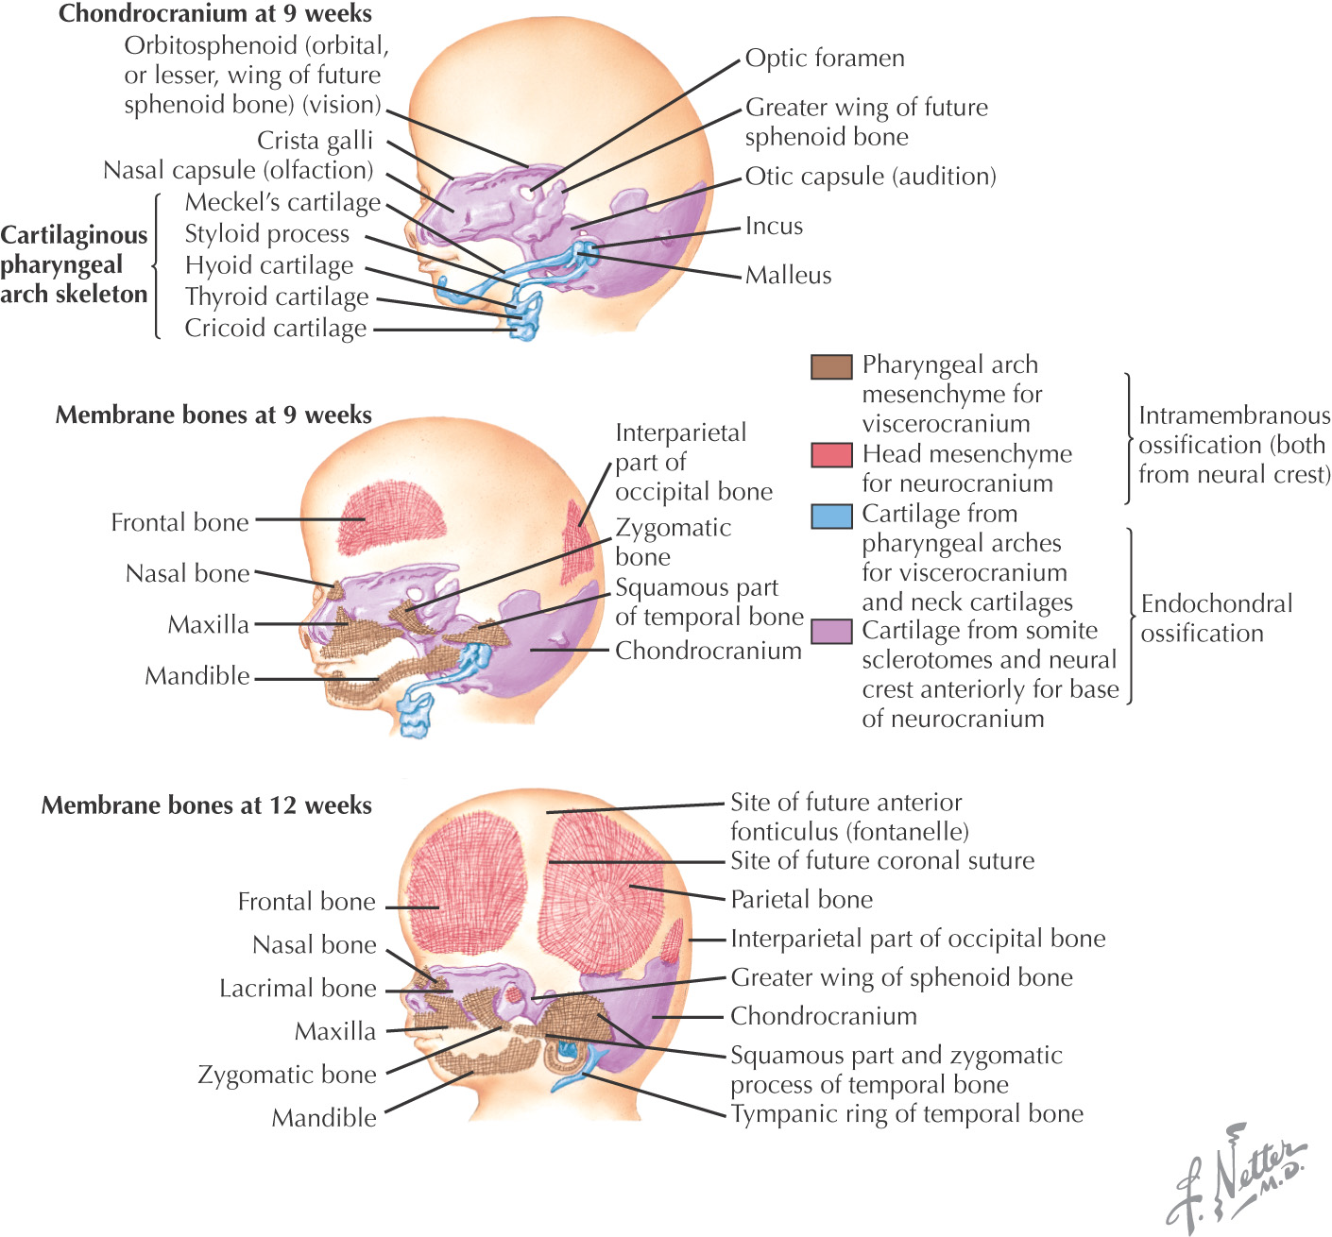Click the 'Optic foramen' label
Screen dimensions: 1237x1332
(x=824, y=59)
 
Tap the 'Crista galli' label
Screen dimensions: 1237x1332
(x=315, y=141)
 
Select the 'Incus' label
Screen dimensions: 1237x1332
(x=774, y=227)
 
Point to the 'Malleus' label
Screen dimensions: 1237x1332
(x=788, y=276)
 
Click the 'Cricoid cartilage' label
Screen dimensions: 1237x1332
(x=275, y=329)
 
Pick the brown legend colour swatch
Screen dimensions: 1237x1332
(x=831, y=366)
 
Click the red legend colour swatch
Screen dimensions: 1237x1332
(x=831, y=455)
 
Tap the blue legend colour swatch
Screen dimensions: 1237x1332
(x=831, y=516)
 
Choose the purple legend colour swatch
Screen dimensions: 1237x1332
(x=831, y=632)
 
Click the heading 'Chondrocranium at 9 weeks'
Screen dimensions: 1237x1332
(x=215, y=14)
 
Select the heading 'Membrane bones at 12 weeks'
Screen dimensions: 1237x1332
(x=207, y=805)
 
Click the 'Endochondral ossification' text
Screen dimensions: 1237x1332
(x=1216, y=618)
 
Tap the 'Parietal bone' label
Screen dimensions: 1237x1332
(x=801, y=900)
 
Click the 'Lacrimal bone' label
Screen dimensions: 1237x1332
(x=298, y=989)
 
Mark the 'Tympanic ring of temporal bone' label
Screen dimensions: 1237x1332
(x=906, y=1114)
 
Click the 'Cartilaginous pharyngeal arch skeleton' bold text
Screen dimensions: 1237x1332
(x=74, y=264)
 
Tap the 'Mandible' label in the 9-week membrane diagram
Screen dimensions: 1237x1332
(x=197, y=676)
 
